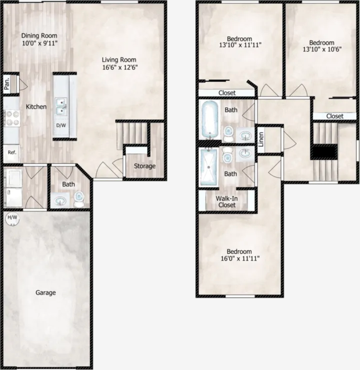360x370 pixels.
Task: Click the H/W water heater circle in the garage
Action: coord(12,218)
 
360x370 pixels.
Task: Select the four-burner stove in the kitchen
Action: coord(12,118)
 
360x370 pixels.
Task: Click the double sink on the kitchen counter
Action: coord(61,106)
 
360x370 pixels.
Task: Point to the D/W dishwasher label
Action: coord(61,126)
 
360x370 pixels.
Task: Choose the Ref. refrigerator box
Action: coord(12,153)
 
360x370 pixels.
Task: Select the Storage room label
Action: coord(145,166)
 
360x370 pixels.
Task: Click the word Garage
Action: coord(46,293)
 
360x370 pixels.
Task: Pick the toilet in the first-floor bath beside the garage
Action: coord(79,199)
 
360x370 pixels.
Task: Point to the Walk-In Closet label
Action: coord(227,202)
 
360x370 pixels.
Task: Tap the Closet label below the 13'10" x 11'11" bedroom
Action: coord(227,93)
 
